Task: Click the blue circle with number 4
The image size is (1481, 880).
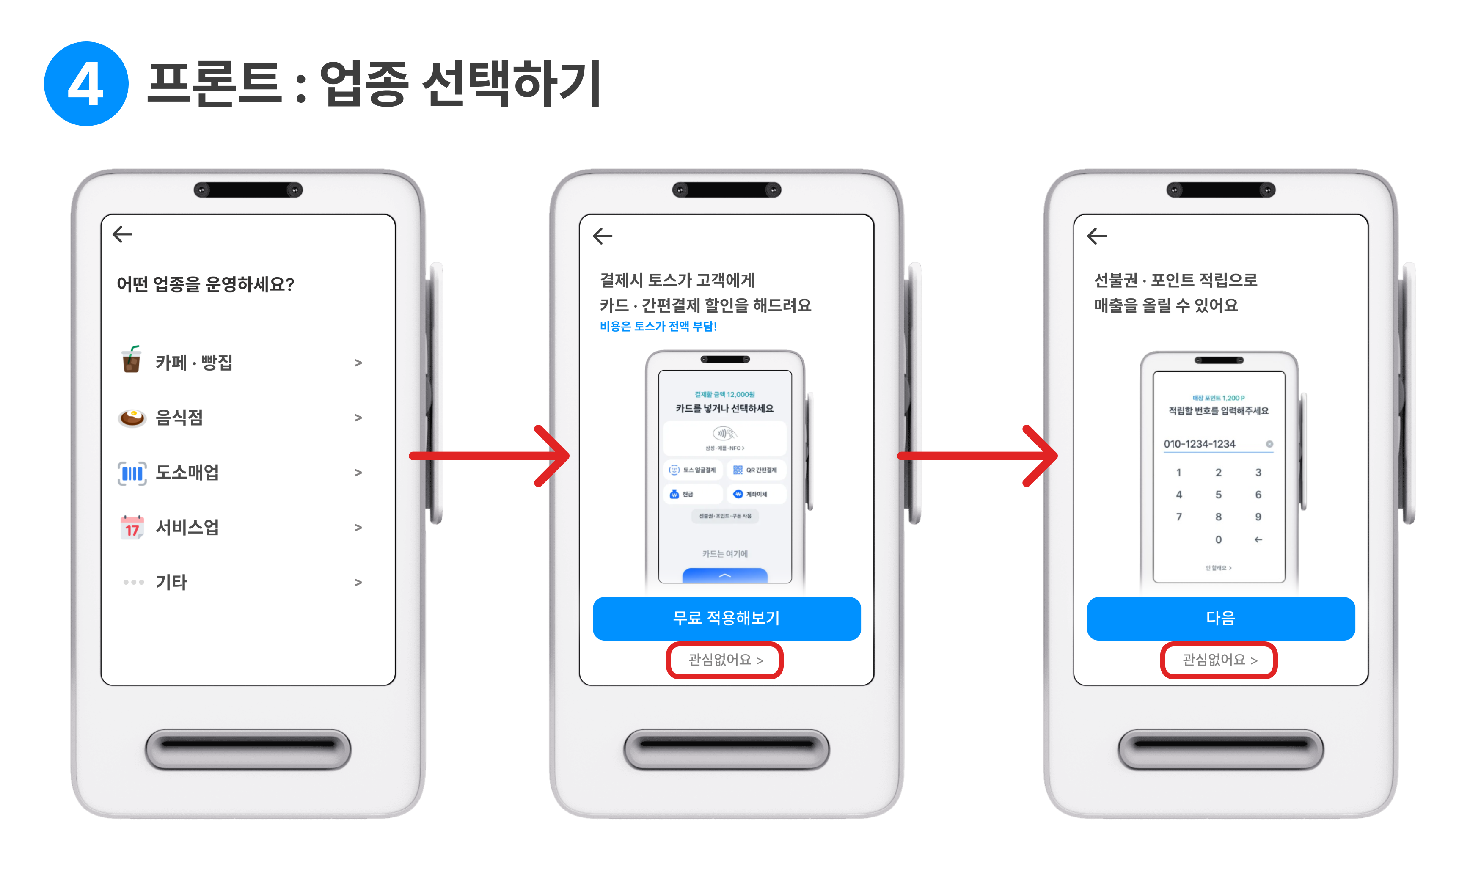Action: [86, 84]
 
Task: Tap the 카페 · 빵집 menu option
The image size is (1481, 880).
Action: [194, 362]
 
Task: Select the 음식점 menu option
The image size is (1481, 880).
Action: [179, 418]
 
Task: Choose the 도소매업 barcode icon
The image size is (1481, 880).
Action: [132, 473]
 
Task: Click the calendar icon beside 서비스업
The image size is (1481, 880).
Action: [132, 527]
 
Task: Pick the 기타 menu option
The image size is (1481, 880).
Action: [171, 582]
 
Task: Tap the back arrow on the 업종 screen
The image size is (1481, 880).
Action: [122, 234]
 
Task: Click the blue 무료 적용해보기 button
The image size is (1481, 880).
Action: [726, 618]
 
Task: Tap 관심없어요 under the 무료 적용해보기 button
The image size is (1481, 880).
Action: [725, 660]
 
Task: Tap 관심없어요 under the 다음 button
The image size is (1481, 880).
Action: [1219, 660]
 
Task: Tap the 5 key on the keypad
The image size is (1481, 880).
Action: [1218, 495]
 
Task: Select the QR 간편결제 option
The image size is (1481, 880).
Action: [756, 470]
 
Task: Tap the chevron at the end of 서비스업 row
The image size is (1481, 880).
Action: [358, 528]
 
